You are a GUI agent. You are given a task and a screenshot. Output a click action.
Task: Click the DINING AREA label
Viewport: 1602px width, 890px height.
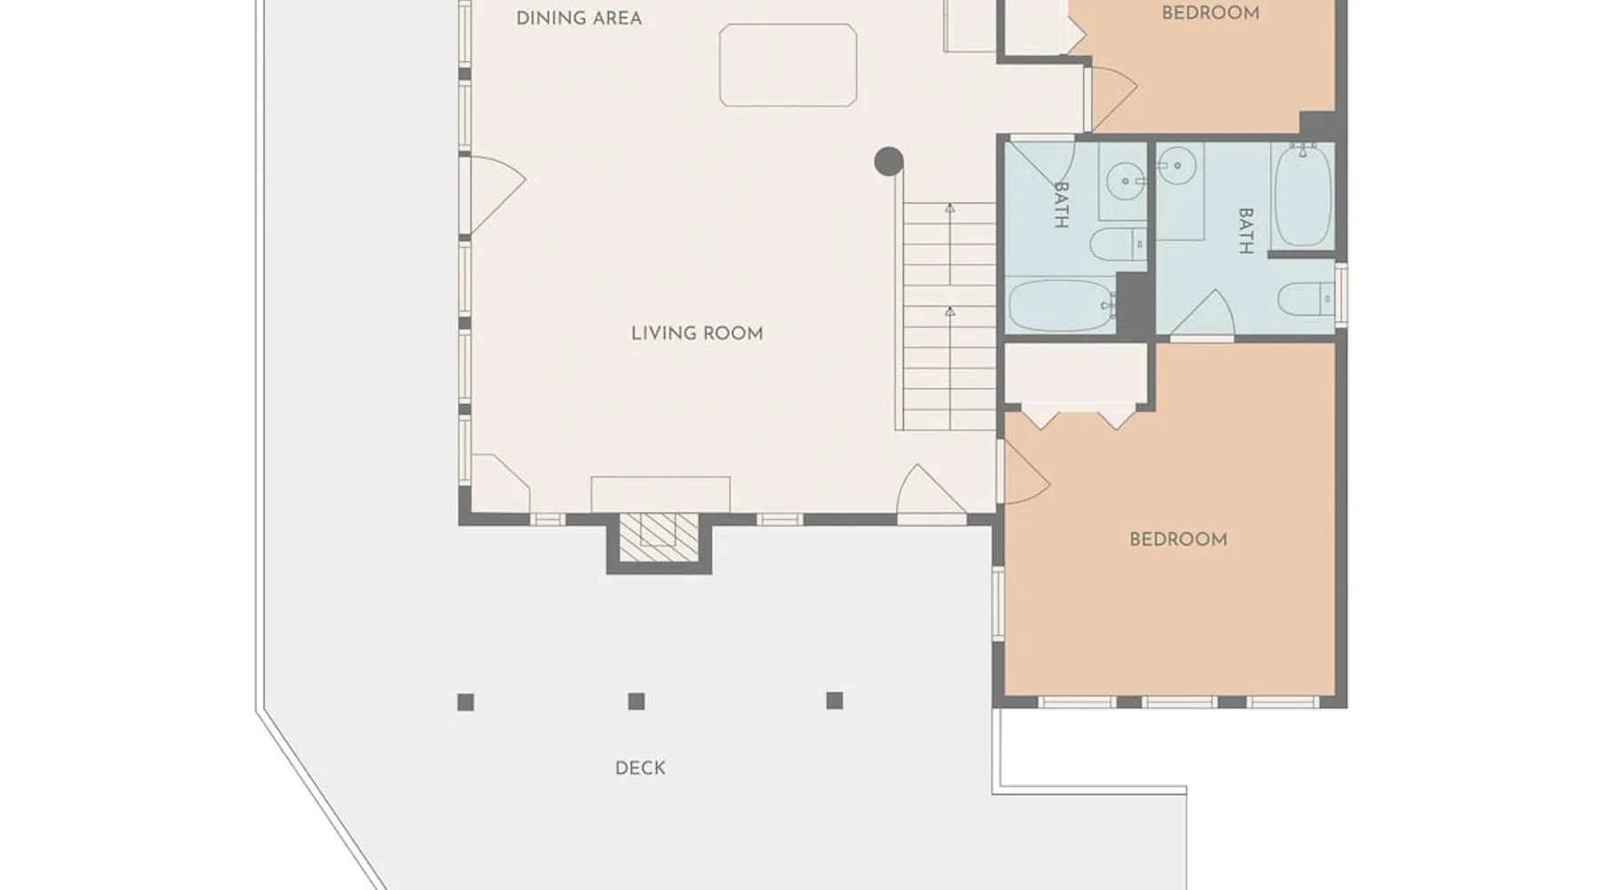pyautogui.click(x=578, y=18)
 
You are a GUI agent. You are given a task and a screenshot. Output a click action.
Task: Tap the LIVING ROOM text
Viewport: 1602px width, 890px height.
pyautogui.click(x=697, y=334)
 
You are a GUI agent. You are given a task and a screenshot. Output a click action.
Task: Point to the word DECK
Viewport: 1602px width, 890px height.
pyautogui.click(x=640, y=768)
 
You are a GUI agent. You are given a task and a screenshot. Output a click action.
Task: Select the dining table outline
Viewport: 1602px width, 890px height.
pyautogui.click(x=788, y=65)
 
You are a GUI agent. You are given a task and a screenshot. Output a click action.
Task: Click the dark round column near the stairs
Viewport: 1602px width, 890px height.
pyautogui.click(x=889, y=162)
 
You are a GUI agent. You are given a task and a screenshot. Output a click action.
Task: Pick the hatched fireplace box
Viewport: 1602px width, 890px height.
pyautogui.click(x=659, y=537)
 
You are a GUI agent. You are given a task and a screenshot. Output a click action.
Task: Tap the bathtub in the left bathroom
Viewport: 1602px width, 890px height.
pyautogui.click(x=1061, y=306)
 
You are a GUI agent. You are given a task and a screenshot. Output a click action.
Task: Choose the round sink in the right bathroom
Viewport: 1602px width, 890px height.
pyautogui.click(x=1177, y=165)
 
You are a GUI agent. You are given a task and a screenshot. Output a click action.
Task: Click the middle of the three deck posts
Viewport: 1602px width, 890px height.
pyautogui.click(x=636, y=701)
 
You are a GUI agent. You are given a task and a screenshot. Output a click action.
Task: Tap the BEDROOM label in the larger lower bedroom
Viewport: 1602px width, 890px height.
pyautogui.click(x=1178, y=539)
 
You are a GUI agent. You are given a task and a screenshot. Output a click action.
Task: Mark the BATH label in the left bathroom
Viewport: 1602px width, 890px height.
pyautogui.click(x=1061, y=205)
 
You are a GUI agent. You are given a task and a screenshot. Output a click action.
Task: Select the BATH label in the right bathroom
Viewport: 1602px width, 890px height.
pyautogui.click(x=1246, y=231)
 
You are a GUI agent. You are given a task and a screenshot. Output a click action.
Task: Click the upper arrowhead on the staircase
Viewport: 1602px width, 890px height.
pyautogui.click(x=950, y=208)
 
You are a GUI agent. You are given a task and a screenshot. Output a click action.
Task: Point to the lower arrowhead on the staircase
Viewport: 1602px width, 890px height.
pyautogui.click(x=950, y=311)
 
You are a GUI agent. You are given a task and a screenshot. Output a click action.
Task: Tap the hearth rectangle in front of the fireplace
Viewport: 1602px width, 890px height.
pyautogui.click(x=660, y=494)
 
